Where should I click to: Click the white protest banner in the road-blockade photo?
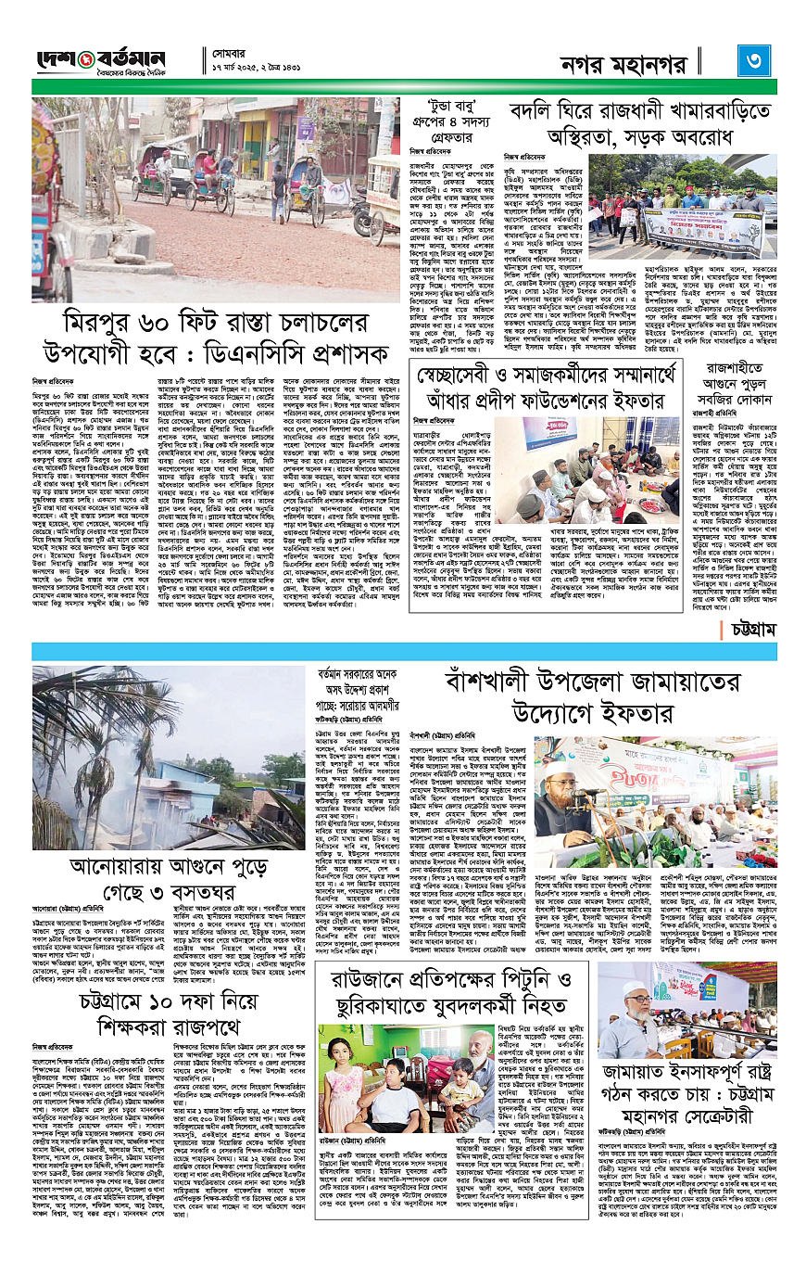[703, 230]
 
